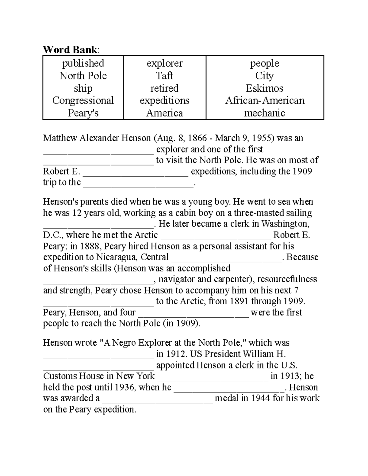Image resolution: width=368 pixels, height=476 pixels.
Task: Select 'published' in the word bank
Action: [83, 63]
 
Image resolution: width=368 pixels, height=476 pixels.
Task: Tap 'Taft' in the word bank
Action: [164, 75]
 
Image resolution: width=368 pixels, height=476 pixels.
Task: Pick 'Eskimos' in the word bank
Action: [264, 88]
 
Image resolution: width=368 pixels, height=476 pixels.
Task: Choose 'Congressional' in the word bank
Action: [83, 101]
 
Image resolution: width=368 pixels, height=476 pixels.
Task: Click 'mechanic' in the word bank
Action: [264, 113]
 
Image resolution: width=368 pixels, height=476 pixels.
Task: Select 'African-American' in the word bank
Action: [265, 101]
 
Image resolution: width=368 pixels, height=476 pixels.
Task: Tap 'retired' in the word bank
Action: [164, 88]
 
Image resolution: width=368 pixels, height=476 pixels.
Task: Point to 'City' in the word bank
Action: [264, 75]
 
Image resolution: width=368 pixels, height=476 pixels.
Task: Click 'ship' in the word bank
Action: [83, 88]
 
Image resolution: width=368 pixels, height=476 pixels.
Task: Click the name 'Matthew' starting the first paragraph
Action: [60, 138]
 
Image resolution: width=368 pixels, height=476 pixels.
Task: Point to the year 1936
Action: [125, 387]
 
